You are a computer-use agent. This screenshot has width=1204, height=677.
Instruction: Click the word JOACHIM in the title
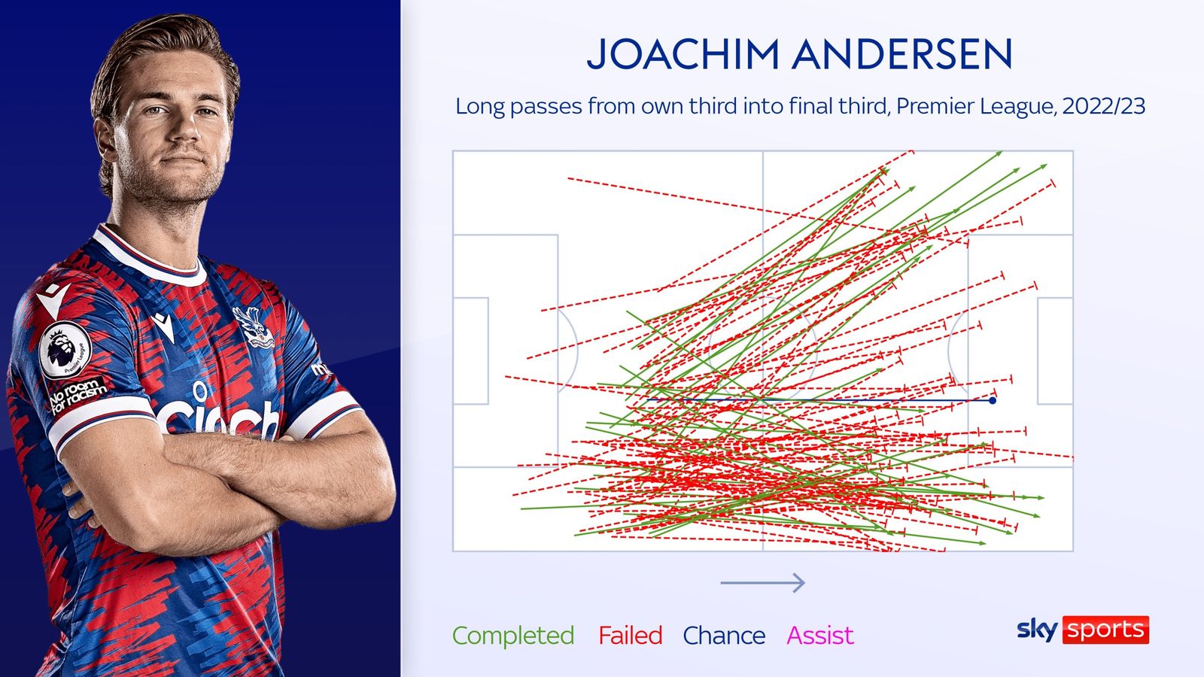[x=683, y=54]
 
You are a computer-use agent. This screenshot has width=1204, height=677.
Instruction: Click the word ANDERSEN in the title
[x=902, y=54]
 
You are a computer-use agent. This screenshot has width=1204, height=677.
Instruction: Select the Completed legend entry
[x=513, y=636]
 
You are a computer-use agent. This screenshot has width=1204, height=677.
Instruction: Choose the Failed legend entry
[x=631, y=636]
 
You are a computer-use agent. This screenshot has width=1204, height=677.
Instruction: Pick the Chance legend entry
[x=724, y=636]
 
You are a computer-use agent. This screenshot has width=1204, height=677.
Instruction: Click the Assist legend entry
[x=819, y=636]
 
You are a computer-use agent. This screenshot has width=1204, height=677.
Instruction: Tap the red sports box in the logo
[x=1105, y=630]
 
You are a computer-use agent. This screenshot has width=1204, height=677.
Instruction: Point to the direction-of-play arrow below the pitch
[x=763, y=582]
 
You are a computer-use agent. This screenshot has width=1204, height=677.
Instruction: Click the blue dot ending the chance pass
[x=993, y=400]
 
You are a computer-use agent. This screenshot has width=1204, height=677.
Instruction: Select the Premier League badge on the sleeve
[x=65, y=350]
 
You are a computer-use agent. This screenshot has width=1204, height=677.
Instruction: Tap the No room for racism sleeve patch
[x=77, y=395]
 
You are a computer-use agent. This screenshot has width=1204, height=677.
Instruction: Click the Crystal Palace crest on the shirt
[x=253, y=326]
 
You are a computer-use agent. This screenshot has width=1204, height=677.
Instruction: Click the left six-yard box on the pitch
[x=471, y=351]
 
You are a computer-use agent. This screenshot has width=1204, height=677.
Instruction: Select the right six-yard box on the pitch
[x=1055, y=351]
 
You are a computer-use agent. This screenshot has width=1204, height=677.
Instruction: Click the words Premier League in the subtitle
[x=974, y=106]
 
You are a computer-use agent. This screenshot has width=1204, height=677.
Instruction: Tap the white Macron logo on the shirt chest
[x=163, y=326]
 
